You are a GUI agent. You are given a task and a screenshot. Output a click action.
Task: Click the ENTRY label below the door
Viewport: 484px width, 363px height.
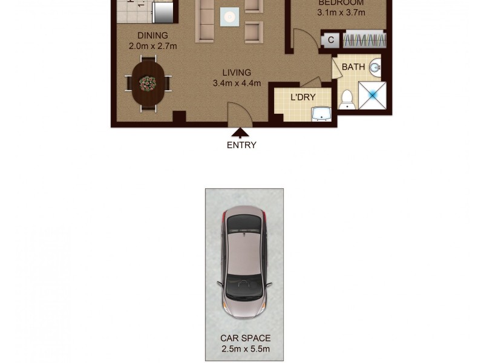(241, 145)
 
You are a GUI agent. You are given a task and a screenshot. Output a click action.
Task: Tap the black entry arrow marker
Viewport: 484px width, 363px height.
(241, 132)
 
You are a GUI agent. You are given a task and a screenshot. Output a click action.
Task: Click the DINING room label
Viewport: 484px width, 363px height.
(152, 36)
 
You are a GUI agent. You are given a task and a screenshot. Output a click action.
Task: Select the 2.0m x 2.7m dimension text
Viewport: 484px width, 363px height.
(152, 47)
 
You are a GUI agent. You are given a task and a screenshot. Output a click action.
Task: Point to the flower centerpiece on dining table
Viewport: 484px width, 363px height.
(148, 81)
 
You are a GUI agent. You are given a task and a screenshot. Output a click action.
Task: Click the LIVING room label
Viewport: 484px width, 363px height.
(236, 73)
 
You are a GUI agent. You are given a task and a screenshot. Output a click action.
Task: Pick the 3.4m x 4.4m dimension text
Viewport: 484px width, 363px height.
(236, 84)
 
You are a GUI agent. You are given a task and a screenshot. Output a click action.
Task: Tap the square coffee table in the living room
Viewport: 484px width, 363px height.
(229, 18)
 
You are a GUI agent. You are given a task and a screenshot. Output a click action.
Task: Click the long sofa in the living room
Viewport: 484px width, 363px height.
(205, 21)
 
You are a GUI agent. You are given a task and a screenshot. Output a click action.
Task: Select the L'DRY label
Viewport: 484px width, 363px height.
(302, 97)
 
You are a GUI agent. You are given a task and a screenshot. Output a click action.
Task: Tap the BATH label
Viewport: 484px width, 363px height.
(353, 67)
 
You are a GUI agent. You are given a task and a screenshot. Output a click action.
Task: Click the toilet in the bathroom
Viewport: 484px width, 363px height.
(347, 99)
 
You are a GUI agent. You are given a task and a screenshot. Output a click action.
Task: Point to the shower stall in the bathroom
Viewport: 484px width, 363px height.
(372, 95)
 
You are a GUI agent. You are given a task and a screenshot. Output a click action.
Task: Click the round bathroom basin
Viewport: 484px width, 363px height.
(375, 67)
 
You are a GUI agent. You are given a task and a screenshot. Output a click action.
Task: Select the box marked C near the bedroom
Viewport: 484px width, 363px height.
(331, 41)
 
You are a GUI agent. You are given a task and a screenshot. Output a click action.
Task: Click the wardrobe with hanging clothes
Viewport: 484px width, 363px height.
(364, 41)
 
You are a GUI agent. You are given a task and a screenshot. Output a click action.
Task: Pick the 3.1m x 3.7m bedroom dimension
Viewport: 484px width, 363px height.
(341, 13)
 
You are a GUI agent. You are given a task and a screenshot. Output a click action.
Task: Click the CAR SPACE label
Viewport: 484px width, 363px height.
(245, 338)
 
